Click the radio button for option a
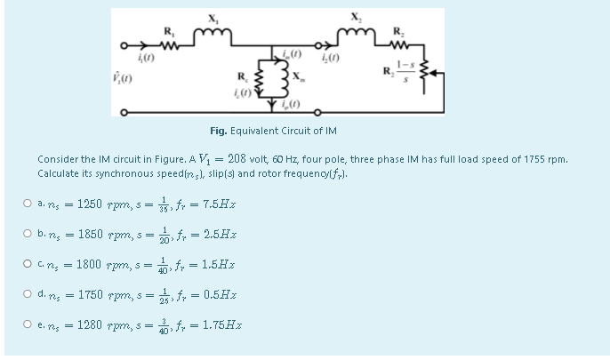point(29,204)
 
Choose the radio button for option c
point(29,265)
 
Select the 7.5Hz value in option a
point(218,204)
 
